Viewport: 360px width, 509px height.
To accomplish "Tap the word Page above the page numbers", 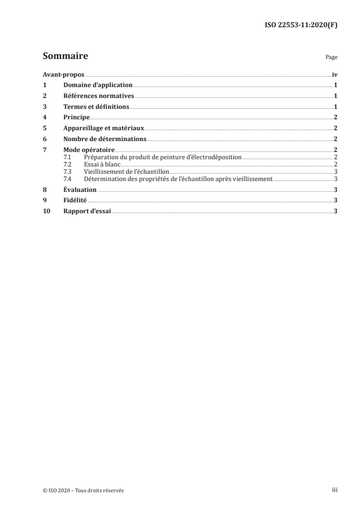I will pyautogui.click(x=331, y=58).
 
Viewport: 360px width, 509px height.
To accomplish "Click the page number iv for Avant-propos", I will pyautogui.click(x=335, y=74).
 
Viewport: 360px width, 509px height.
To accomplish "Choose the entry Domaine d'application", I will pyautogui.click(x=98, y=85).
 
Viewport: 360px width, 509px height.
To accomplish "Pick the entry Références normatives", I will pyautogui.click(x=99, y=96).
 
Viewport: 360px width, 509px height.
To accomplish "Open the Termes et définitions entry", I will pyautogui.click(x=97, y=107).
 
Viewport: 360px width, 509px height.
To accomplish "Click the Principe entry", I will pyautogui.click(x=76, y=117).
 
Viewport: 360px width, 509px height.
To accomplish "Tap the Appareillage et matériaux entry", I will pyautogui.click(x=104, y=128).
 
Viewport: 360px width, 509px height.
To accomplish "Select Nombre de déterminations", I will pyautogui.click(x=105, y=139).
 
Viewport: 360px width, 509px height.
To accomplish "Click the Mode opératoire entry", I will pyautogui.click(x=89, y=150).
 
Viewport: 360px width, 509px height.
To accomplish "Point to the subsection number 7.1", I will pyautogui.click(x=68, y=157).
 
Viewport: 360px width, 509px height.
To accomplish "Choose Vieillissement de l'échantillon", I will pyautogui.click(x=127, y=171).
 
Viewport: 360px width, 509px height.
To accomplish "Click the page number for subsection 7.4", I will pyautogui.click(x=335, y=179).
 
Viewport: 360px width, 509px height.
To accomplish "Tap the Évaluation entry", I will pyautogui.click(x=80, y=190).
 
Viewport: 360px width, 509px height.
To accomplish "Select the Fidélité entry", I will pyautogui.click(x=75, y=200).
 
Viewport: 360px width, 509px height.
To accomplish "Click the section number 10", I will pyautogui.click(x=46, y=211).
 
